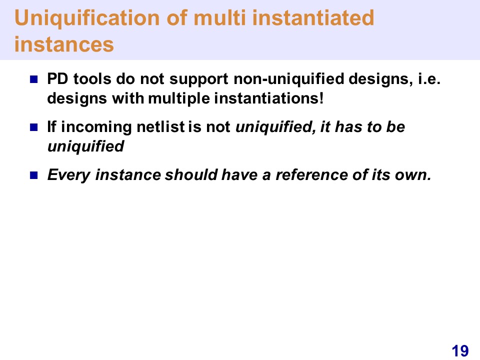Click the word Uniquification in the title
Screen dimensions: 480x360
click(x=87, y=18)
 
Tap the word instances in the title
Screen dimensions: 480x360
click(x=64, y=44)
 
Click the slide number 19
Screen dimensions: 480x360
click(x=460, y=351)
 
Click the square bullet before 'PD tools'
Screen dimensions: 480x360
click(x=33, y=79)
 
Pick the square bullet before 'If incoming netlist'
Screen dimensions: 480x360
click(x=33, y=127)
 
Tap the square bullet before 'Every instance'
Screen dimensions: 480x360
click(x=33, y=175)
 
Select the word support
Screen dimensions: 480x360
click(x=198, y=80)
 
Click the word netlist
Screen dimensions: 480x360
click(x=160, y=127)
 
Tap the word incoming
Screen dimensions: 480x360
click(x=96, y=128)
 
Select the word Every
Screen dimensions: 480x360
click(x=69, y=175)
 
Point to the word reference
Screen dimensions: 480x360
click(x=311, y=175)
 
